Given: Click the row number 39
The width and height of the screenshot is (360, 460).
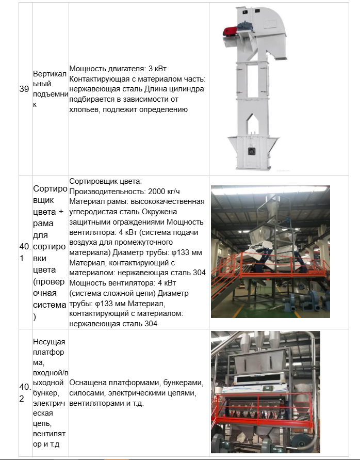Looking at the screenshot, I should point(24,89).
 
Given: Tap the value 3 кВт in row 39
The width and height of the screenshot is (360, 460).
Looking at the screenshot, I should point(157,68).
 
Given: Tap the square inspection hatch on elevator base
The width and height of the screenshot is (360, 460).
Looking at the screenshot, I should point(252,151).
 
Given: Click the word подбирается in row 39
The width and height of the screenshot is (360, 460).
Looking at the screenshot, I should point(90,99).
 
